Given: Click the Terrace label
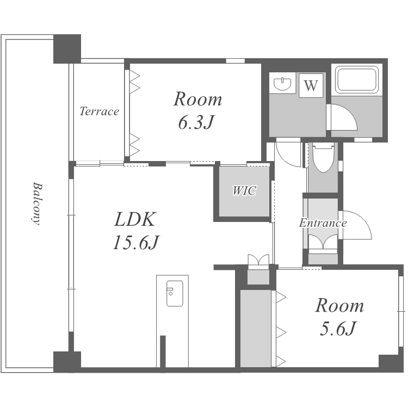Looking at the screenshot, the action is click(x=99, y=112).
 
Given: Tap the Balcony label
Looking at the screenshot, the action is click(x=37, y=203).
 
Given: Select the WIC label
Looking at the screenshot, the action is click(x=244, y=191).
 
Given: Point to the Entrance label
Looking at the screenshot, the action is click(x=323, y=222).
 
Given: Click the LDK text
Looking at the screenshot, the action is click(x=135, y=219).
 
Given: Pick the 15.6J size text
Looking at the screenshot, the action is click(x=136, y=242).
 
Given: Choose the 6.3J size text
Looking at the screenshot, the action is click(x=196, y=122).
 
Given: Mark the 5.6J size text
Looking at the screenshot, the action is click(x=337, y=329).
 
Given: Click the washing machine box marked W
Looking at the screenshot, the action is click(x=311, y=85).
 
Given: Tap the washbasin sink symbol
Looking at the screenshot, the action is click(x=282, y=83).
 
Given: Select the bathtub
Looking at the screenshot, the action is click(x=357, y=79).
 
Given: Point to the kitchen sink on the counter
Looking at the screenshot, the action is click(x=174, y=293).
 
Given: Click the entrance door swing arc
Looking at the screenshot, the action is click(x=363, y=219).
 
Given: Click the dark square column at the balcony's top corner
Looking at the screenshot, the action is click(x=67, y=49).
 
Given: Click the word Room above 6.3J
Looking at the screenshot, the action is click(x=198, y=99).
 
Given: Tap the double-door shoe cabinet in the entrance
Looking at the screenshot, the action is click(x=323, y=242).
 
